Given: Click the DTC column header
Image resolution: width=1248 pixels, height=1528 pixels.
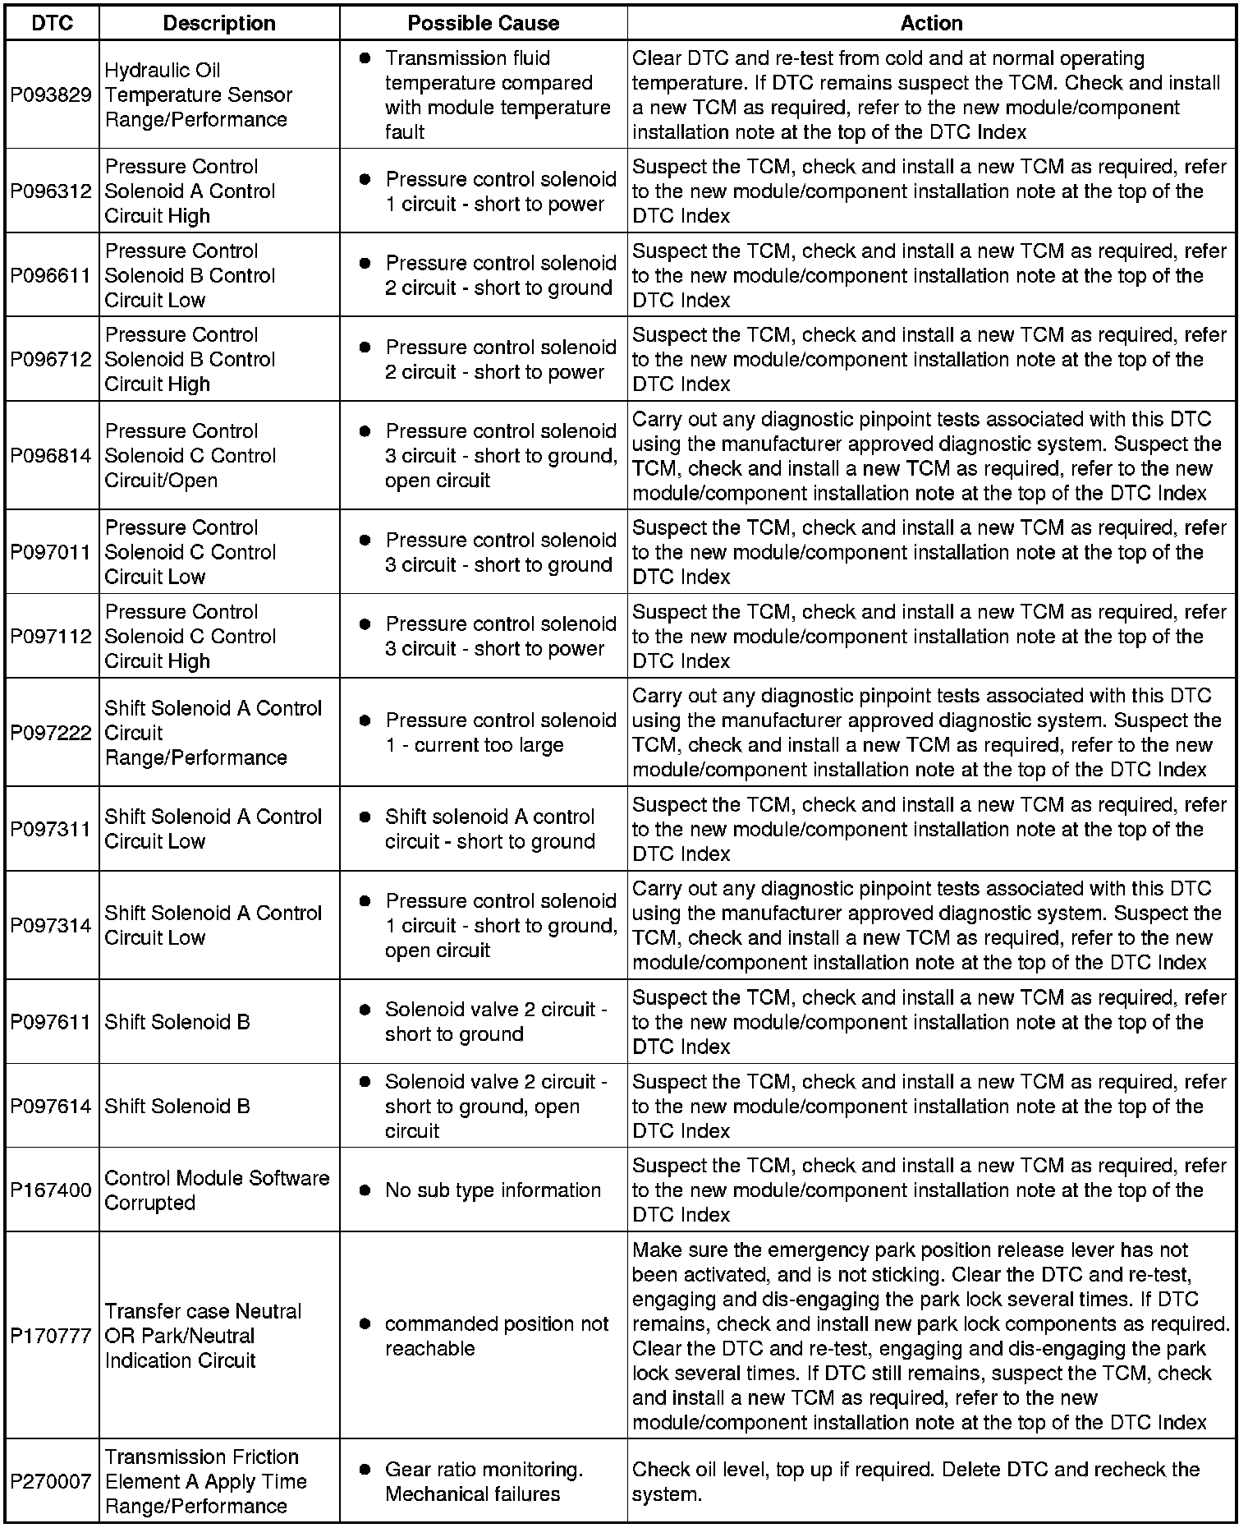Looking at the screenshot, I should [x=52, y=23].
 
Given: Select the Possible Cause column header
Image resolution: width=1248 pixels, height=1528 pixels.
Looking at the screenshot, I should [x=483, y=23].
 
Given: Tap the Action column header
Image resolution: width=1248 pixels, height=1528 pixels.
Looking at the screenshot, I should [x=931, y=23].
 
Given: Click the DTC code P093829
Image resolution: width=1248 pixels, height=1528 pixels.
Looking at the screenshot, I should [x=51, y=95].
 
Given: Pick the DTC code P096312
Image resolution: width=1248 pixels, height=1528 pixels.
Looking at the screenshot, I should [x=51, y=191].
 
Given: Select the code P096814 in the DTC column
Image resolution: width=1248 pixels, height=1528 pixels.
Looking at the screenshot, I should [x=51, y=456].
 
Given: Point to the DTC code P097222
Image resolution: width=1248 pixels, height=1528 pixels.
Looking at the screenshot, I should [x=51, y=733].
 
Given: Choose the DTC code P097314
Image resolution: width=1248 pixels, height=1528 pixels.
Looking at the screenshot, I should [x=51, y=926].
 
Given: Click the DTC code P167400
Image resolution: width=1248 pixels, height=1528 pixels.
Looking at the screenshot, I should [x=51, y=1190].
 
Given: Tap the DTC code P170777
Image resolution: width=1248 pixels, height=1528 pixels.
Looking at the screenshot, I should [x=51, y=1337].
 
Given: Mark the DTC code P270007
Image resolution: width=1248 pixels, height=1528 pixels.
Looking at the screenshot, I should [x=51, y=1482].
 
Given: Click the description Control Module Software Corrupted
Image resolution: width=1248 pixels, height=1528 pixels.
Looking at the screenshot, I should [x=217, y=1190].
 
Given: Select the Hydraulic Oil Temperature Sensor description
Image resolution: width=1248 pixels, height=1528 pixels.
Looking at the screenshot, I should [x=198, y=95].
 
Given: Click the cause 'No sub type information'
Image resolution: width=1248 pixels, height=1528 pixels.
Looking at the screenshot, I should [x=493, y=1190].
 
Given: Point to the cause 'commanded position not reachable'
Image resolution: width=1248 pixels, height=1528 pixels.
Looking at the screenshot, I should [x=496, y=1337].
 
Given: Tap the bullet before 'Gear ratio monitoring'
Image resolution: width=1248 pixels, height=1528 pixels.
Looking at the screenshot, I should [x=365, y=1470].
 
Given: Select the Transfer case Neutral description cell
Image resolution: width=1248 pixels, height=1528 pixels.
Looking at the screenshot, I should [x=203, y=1337].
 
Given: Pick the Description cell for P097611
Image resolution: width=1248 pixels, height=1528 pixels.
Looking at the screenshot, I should [x=177, y=1022].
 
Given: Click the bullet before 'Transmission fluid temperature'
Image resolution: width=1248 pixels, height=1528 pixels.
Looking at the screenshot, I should [x=365, y=58].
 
